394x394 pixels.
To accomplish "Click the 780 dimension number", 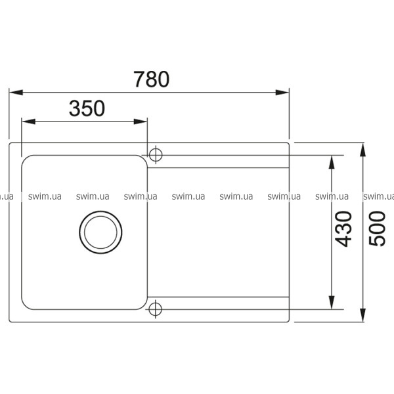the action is click(x=151, y=79).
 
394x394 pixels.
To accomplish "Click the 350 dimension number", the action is click(x=87, y=108).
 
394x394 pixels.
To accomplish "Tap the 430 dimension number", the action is click(x=343, y=229).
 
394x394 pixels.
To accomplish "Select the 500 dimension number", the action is click(x=377, y=229).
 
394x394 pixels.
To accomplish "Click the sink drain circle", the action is click(x=100, y=211).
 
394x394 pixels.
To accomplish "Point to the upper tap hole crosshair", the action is click(x=156, y=154).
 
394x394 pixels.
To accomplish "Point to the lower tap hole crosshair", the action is click(x=155, y=309).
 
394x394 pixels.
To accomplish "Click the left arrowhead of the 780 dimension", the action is click(x=16, y=93).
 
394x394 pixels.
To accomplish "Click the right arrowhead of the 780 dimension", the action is click(x=282, y=93).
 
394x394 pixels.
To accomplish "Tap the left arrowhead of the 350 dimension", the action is click(x=28, y=121).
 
